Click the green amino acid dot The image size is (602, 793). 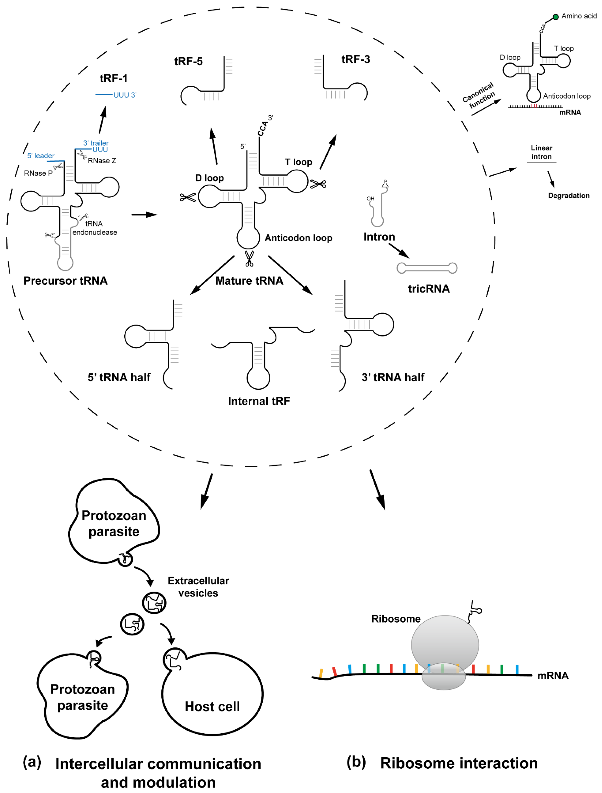(555, 17)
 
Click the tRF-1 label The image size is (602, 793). (114, 78)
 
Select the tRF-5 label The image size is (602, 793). (188, 61)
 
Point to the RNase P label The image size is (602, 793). (38, 173)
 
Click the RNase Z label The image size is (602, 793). (102, 161)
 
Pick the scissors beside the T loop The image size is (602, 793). (318, 184)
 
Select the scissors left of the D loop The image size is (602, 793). (188, 197)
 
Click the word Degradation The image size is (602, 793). (569, 195)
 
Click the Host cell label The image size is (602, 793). (212, 706)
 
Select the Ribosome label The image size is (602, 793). (396, 619)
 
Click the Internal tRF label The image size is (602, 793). (259, 401)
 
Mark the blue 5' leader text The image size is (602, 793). (41, 156)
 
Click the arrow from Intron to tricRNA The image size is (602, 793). (399, 250)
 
